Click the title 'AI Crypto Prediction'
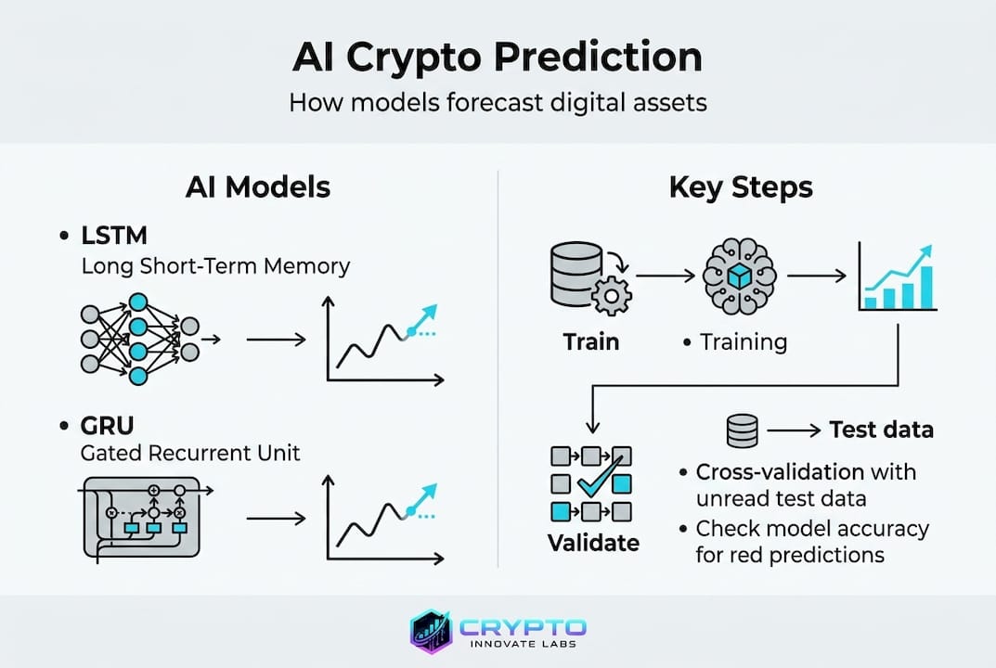pos(498,58)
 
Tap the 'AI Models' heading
pos(258,187)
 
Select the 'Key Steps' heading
pos(741,188)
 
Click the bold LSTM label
pos(114,236)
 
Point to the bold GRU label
pos(108,426)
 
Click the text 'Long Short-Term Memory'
pos(215,266)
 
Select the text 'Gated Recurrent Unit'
pos(190,454)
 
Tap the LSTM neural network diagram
pos(150,339)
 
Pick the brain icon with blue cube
pos(740,276)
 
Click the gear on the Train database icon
pos(612,296)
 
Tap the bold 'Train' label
pos(590,342)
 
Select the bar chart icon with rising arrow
pos(897,276)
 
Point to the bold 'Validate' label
pos(593,543)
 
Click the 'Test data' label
pos(882,430)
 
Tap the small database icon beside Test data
pos(742,431)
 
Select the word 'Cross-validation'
pos(780,472)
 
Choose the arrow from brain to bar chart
pos(817,276)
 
